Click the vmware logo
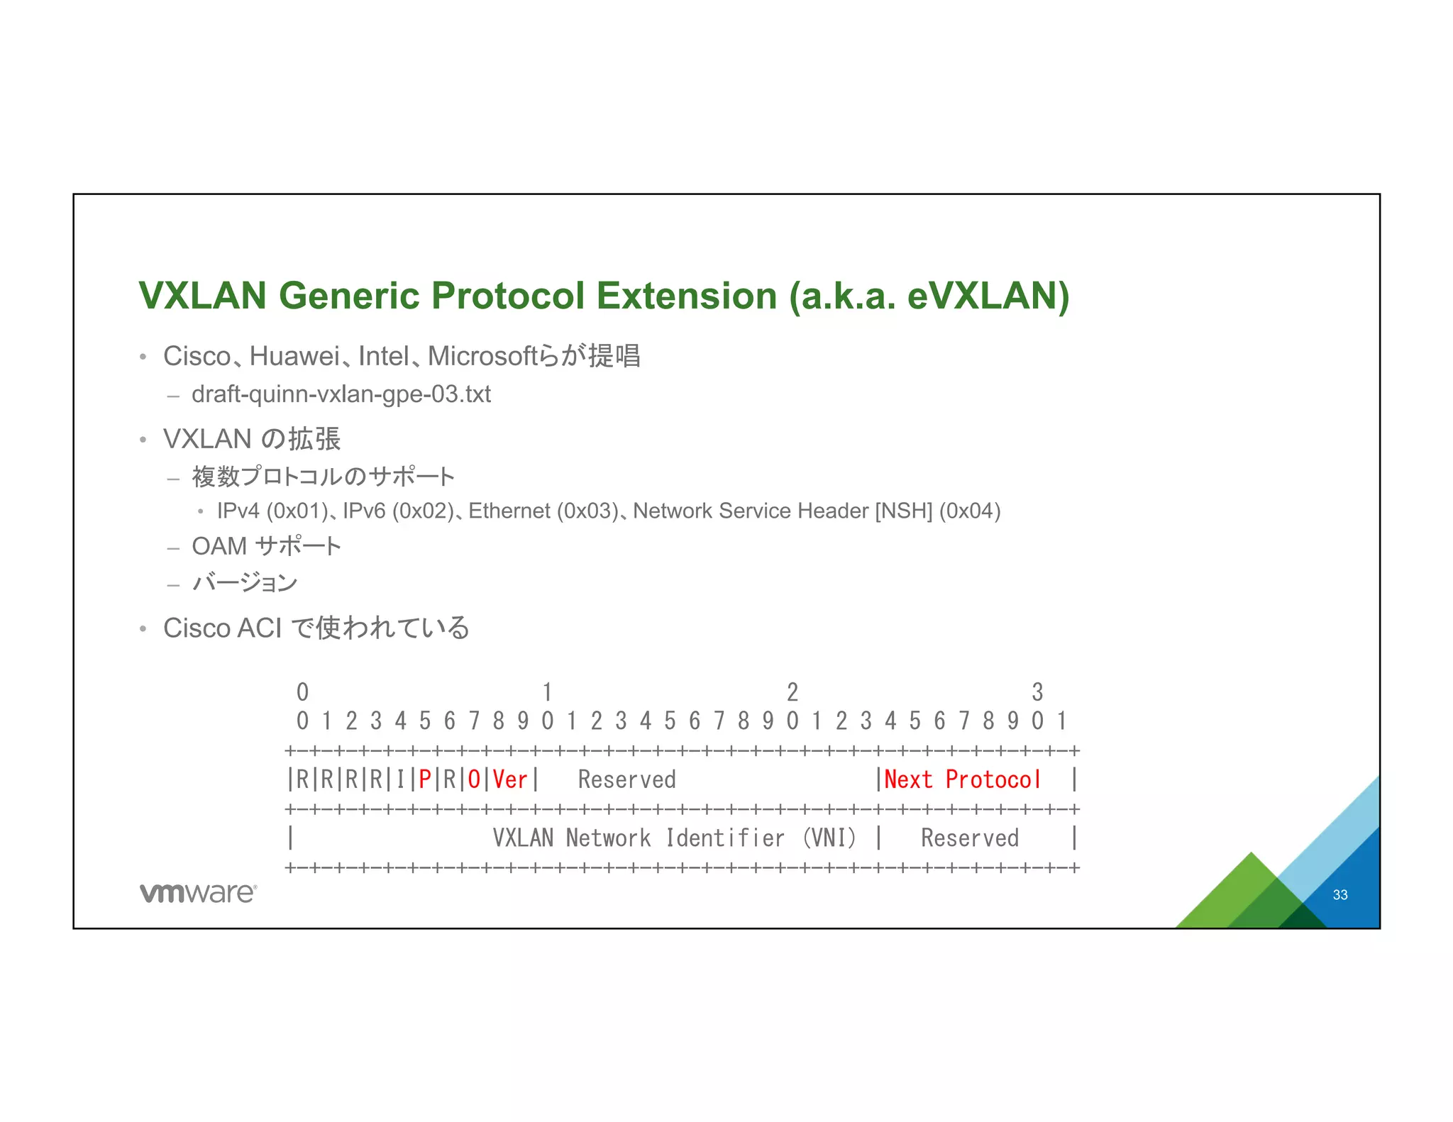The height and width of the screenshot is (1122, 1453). pos(198,893)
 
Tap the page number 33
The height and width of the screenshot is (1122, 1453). pos(1339,895)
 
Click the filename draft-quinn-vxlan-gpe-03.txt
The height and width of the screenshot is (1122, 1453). pos(341,394)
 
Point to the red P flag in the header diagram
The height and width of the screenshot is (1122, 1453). pos(425,779)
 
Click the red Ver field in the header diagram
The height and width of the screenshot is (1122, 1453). pos(510,779)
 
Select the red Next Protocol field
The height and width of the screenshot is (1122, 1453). pos(962,779)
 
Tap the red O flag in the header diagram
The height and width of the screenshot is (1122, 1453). pos(474,779)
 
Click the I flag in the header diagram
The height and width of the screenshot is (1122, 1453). pos(400,779)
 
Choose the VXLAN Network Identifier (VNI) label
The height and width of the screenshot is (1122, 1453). pos(674,838)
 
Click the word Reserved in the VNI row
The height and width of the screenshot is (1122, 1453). pos(969,838)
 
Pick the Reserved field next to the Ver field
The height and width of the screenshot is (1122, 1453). pos(626,779)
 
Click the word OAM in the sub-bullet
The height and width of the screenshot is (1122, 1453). pos(219,546)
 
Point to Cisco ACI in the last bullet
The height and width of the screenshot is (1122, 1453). pos(222,628)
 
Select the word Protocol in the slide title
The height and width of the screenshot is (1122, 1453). pos(507,296)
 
